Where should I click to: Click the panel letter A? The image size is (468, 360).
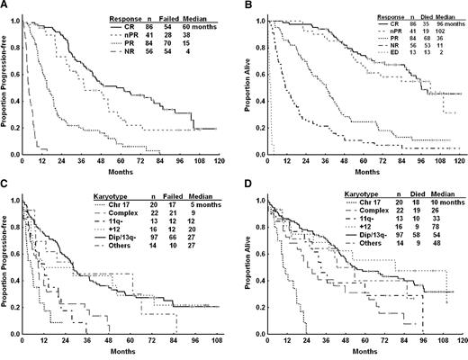pos(6,5)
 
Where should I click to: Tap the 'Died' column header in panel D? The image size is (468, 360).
pos(403,194)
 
